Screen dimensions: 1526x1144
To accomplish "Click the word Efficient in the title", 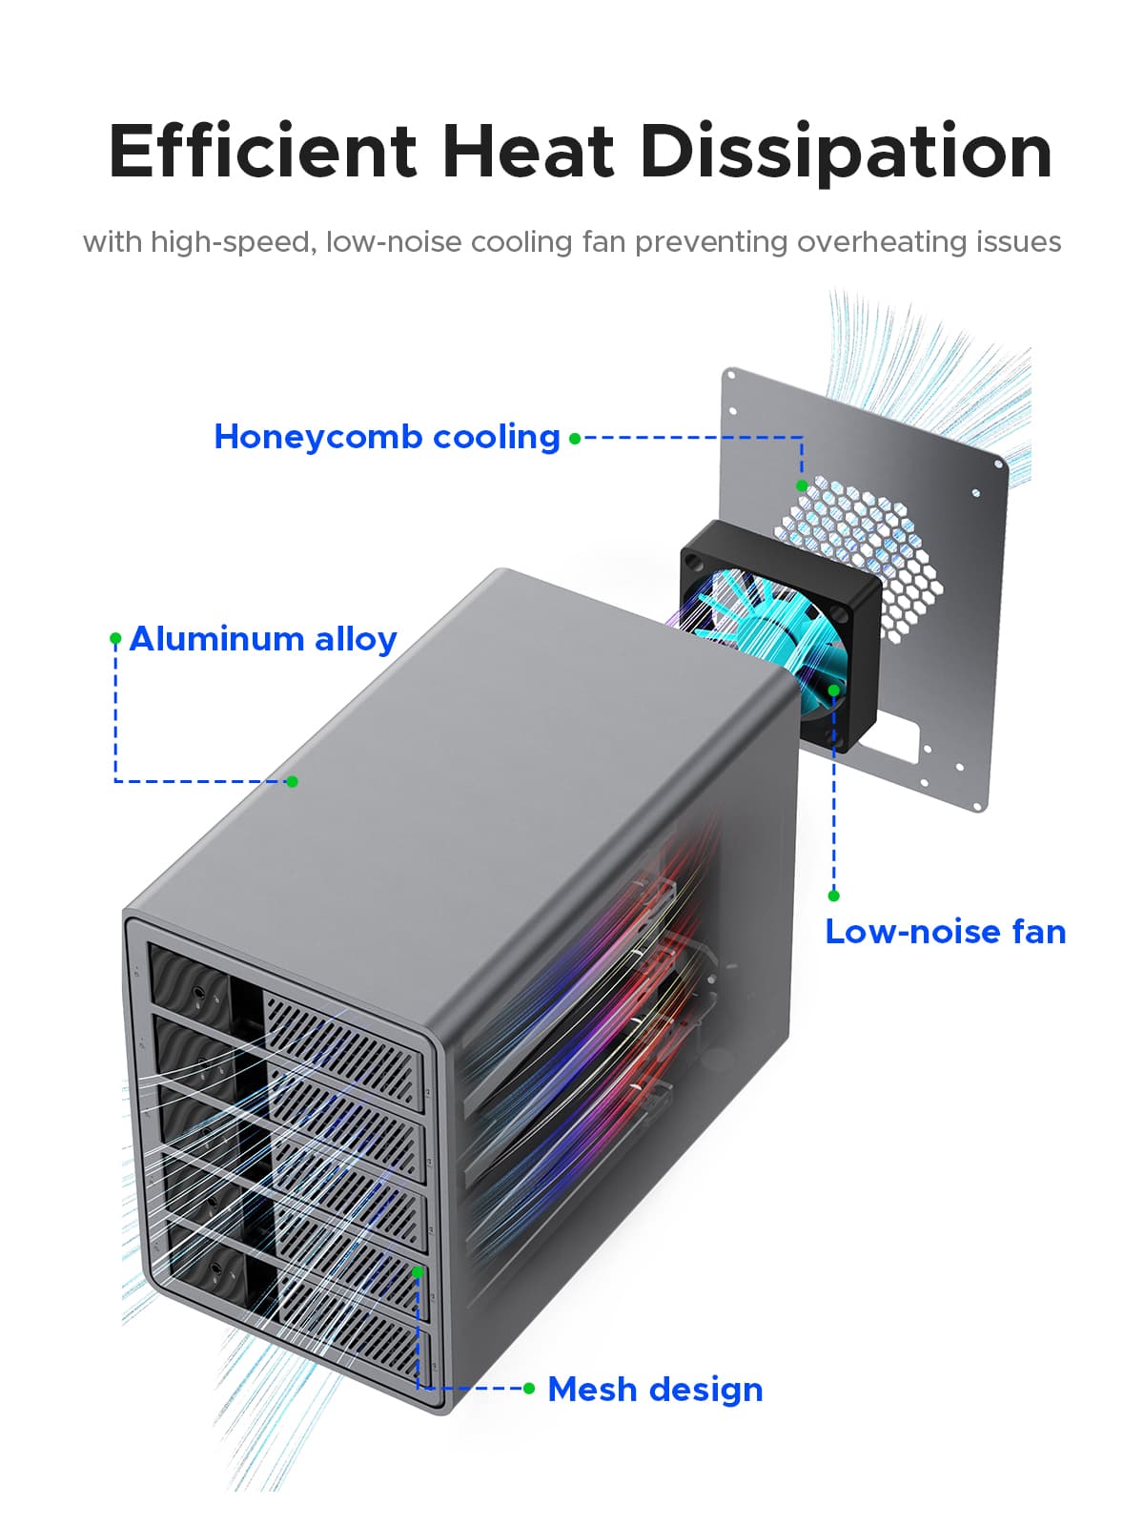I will pyautogui.click(x=262, y=153).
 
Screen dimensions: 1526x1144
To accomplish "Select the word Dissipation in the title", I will pyautogui.click(x=846, y=153).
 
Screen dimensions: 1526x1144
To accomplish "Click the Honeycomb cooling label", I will pyautogui.click(x=386, y=437).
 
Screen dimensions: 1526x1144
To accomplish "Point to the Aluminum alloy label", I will pyautogui.click(x=263, y=639).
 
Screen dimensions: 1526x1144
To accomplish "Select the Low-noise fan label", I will pyautogui.click(x=945, y=932).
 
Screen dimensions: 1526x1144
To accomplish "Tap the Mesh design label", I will pyautogui.click(x=655, y=1390).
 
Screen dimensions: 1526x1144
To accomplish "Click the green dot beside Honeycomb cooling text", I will pyautogui.click(x=575, y=439).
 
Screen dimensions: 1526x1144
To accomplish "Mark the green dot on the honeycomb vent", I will pyautogui.click(x=802, y=485).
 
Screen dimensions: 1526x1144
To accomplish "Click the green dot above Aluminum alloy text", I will pyautogui.click(x=115, y=637).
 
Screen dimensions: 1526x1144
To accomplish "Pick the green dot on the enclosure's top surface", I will pyautogui.click(x=293, y=781).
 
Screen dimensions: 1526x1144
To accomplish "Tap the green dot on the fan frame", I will pyautogui.click(x=833, y=690).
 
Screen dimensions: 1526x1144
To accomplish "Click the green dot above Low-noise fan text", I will pyautogui.click(x=833, y=896).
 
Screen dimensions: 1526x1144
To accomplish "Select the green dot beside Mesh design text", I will pyautogui.click(x=529, y=1388).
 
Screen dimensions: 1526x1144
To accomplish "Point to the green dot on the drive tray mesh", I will pyautogui.click(x=418, y=1271).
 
